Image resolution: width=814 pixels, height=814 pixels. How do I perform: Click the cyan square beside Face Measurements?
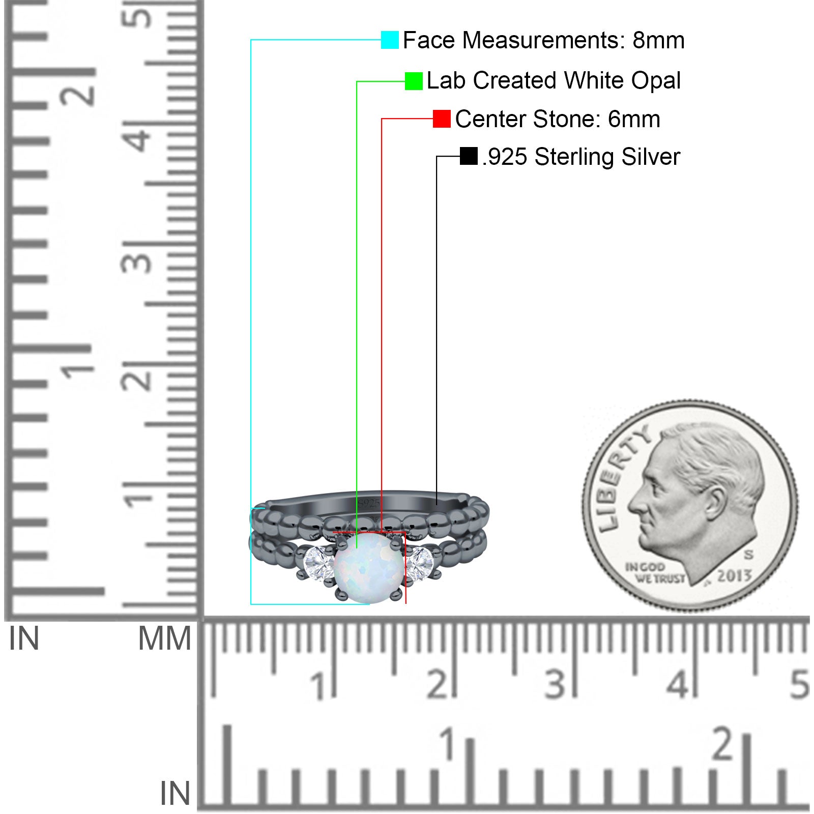coord(390,40)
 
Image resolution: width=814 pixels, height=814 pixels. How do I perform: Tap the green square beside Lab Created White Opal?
coord(414,81)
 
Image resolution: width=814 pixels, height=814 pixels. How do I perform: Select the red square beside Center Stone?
coord(442,119)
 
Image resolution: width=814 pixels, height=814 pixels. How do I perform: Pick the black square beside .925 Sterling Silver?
coord(469,156)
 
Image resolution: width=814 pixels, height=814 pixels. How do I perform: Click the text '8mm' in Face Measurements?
coord(658,40)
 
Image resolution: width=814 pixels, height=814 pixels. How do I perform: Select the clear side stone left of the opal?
coord(318,563)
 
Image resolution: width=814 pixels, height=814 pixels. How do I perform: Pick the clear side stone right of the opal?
coord(419,563)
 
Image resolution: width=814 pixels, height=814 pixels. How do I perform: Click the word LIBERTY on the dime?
coord(621,476)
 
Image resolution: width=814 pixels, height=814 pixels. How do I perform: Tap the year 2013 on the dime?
coord(734,575)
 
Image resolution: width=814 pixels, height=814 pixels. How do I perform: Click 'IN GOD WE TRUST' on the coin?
coord(655,573)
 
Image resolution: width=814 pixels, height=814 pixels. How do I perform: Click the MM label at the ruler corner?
coord(165,638)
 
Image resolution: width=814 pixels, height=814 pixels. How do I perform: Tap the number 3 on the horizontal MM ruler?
coord(555,684)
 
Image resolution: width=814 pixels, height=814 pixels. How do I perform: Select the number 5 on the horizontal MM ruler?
coord(799,684)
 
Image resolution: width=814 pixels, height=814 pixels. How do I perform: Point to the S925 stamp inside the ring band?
coord(368,504)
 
